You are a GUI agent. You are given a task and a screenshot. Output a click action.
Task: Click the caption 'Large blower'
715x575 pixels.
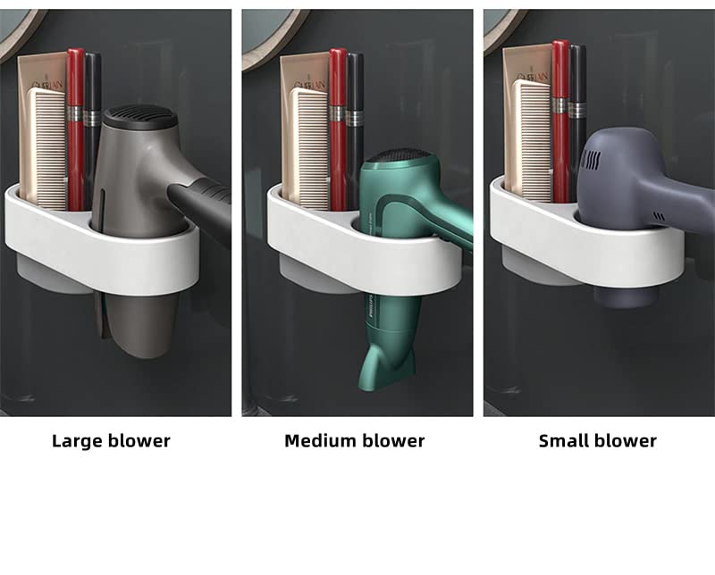[x=111, y=440]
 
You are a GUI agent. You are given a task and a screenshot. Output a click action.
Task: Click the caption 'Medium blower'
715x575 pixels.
[x=355, y=440]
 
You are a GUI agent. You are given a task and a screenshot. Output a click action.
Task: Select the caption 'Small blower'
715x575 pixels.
[x=597, y=440]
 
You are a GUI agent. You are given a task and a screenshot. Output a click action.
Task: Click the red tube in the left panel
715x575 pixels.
[x=75, y=125]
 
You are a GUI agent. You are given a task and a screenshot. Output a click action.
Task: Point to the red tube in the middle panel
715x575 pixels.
[x=338, y=125]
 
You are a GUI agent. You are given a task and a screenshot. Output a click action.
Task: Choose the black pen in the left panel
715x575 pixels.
[x=92, y=125]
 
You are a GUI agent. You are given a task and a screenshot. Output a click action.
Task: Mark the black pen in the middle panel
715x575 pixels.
[x=355, y=125]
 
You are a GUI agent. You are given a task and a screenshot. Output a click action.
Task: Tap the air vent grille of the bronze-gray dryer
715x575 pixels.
[x=134, y=115]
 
